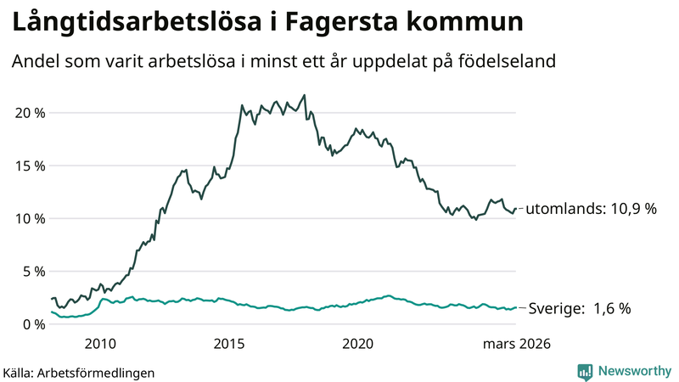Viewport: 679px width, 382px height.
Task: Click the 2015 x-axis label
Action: pos(229,344)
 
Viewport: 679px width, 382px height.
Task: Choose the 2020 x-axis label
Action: pos(358,344)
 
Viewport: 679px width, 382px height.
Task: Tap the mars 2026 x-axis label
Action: pos(517,344)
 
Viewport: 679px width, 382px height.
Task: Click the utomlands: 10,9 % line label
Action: pos(592,209)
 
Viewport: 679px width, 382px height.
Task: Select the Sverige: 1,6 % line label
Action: pos(579,309)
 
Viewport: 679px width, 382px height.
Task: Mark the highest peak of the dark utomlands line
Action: pos(305,95)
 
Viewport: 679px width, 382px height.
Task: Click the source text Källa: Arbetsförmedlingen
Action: pos(79,372)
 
